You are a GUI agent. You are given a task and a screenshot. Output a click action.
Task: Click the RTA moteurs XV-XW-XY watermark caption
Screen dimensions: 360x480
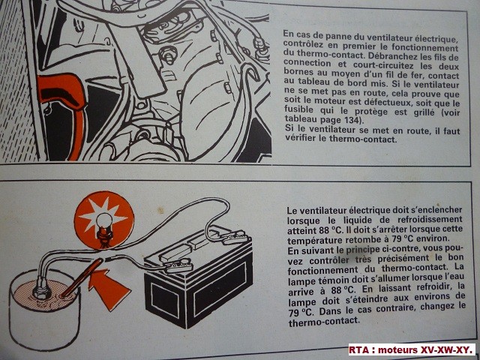pyautogui.click(x=413, y=349)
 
